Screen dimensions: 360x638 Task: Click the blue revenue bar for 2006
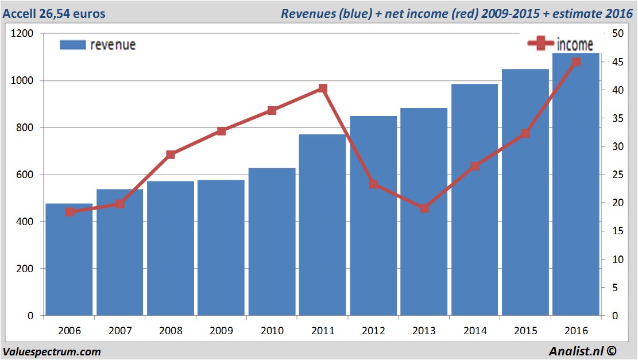coord(69,261)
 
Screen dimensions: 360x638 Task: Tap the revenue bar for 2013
coord(424,258)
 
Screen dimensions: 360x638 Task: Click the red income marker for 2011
coord(323,88)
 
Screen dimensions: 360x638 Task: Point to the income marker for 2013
coord(424,208)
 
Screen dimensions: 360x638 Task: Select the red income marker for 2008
coord(171,154)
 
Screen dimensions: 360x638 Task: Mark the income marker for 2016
coord(577,62)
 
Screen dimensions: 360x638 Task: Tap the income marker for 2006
coord(69,212)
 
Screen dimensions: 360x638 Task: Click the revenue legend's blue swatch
coord(72,45)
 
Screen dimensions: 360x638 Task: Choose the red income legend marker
coord(540,44)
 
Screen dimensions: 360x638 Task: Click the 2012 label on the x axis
coord(373,331)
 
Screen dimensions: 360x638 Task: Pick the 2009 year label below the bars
coord(221,331)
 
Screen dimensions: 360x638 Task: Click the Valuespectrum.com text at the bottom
coord(52,351)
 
